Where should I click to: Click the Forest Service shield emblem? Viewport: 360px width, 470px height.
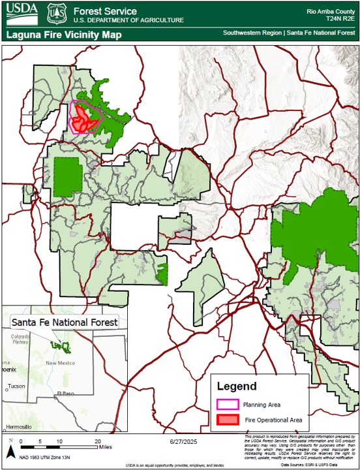(56, 12)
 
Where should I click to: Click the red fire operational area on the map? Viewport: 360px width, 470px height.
(82, 117)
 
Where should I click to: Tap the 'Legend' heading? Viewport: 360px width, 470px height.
(236, 386)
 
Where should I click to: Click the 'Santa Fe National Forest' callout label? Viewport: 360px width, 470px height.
(64, 322)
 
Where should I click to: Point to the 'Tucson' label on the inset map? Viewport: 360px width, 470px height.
(17, 386)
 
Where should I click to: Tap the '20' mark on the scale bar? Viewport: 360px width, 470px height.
(98, 442)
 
